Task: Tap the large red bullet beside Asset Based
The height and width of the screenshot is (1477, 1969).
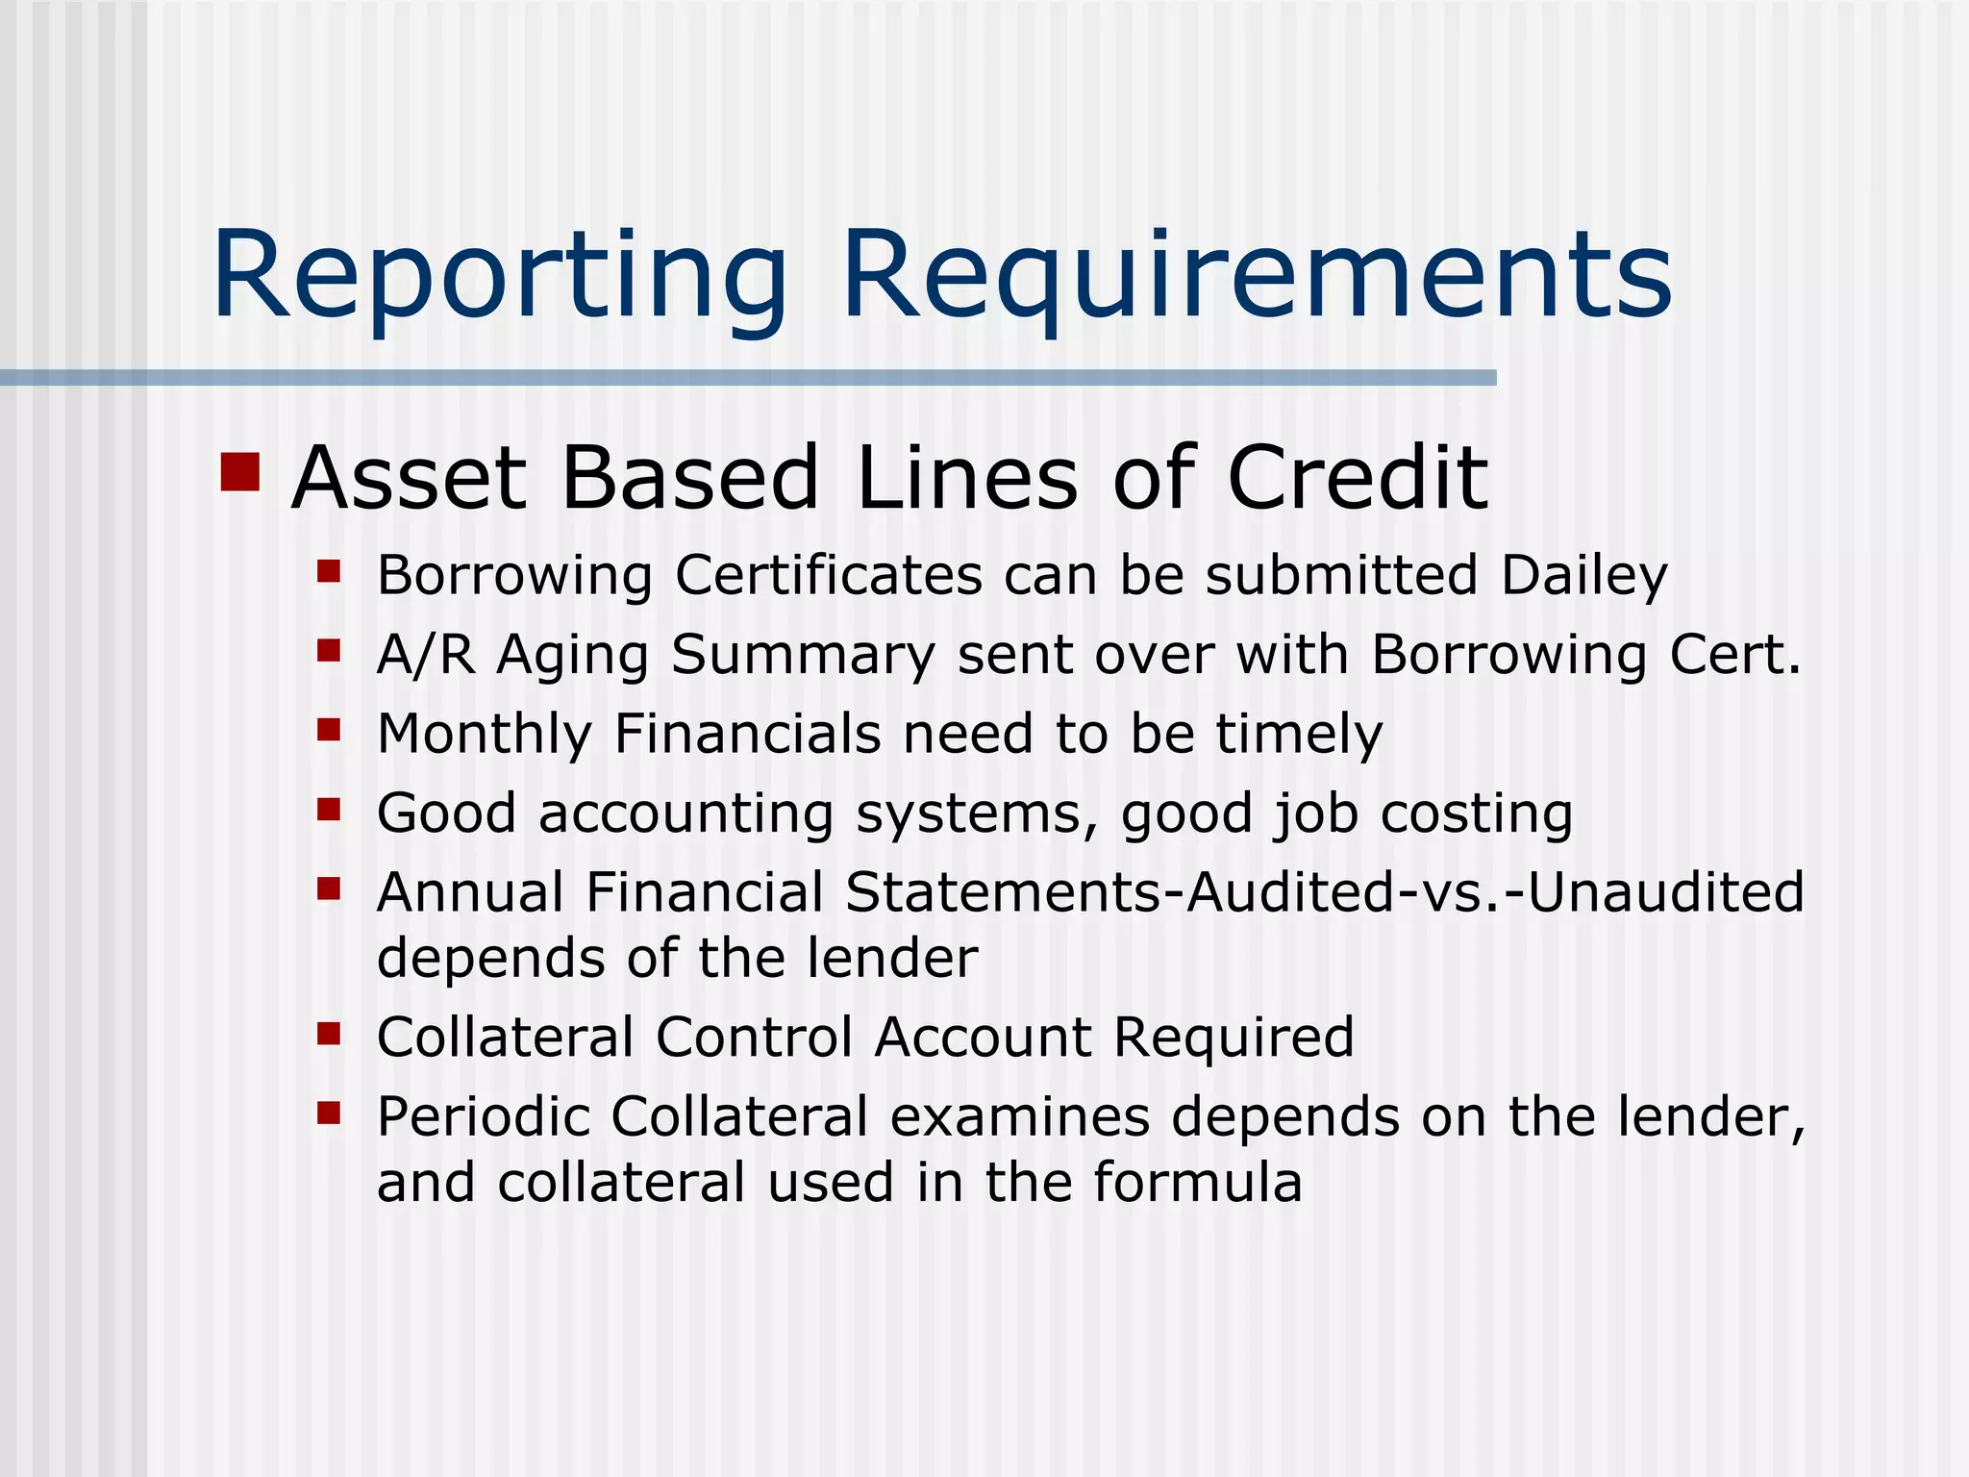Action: tap(240, 472)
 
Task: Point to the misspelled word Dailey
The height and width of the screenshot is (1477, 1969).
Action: tap(1583, 576)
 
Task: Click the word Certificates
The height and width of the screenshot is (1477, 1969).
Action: tap(829, 576)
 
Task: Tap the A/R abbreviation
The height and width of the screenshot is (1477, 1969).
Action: tap(426, 656)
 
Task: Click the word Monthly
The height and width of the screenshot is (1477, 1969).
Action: tap(484, 735)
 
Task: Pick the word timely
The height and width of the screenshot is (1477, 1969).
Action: tap(1299, 735)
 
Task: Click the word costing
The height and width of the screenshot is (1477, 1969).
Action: tap(1477, 814)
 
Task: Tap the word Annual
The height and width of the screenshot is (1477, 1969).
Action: tap(470, 892)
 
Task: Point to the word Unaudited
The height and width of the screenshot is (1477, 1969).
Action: tap(1665, 892)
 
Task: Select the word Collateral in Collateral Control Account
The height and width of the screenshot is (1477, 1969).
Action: tap(505, 1038)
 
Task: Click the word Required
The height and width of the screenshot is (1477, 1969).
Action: tap(1234, 1038)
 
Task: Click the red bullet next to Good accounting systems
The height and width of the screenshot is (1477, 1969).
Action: tap(330, 810)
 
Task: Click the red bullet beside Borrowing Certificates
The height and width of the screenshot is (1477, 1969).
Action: tap(330, 572)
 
